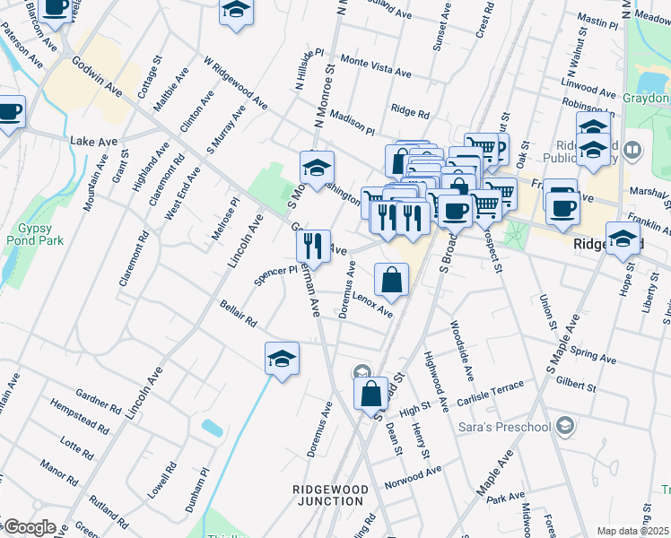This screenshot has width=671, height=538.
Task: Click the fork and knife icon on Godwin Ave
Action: (313, 245)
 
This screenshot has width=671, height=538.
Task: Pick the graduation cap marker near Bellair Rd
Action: (282, 360)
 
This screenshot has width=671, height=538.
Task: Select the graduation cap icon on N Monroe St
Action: (317, 168)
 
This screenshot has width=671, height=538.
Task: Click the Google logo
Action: (30, 527)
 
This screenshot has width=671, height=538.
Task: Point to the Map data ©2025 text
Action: (632, 531)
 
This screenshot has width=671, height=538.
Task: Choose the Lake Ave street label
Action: (93, 141)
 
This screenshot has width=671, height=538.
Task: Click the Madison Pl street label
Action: (352, 122)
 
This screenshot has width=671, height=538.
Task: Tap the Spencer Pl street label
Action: (274, 275)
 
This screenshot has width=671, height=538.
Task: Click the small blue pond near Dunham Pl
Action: (213, 428)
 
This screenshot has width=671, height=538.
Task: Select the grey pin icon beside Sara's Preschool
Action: (564, 423)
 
